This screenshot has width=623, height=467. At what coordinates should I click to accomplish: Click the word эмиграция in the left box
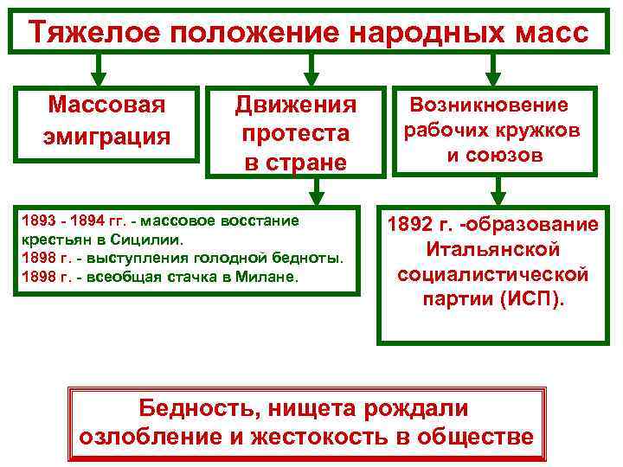(x=106, y=137)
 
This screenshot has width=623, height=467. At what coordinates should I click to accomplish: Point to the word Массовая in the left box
(x=106, y=106)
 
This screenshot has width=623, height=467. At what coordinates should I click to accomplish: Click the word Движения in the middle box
(x=296, y=106)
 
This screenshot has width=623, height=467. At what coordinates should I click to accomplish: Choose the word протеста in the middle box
(x=296, y=134)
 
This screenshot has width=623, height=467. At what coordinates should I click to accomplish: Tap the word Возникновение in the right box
(x=489, y=106)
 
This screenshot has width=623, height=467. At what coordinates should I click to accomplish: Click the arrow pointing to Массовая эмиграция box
(x=100, y=68)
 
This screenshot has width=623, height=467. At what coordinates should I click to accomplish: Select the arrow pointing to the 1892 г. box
(x=496, y=189)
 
